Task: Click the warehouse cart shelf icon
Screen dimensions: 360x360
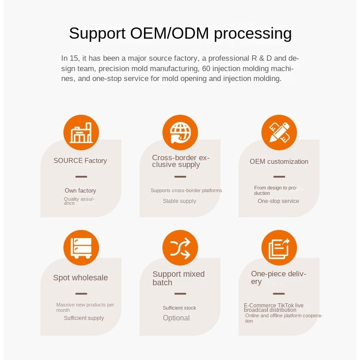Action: pos(81,247)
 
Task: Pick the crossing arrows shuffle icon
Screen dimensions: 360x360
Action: pos(180,247)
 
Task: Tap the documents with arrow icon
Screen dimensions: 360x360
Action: pos(279,247)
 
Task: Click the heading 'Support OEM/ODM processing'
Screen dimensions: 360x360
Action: pos(180,34)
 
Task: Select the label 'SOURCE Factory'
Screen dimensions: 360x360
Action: pos(80,161)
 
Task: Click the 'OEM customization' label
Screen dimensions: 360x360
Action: pos(279,162)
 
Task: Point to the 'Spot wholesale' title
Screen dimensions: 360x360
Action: pos(81,278)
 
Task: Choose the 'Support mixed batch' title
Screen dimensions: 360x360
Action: pos(179,278)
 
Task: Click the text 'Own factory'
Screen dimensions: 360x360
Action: pos(80,191)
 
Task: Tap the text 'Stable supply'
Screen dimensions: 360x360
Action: pos(180,201)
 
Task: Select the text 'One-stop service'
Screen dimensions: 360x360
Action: pos(278,201)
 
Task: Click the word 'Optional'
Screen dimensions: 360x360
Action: pos(176,318)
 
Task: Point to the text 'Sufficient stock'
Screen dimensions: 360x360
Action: pos(179,308)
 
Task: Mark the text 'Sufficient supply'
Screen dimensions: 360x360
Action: pos(84,318)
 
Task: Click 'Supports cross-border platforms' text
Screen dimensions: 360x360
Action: pos(186,191)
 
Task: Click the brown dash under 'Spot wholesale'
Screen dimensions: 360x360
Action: pos(81,293)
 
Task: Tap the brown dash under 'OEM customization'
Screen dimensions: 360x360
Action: pos(279,176)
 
